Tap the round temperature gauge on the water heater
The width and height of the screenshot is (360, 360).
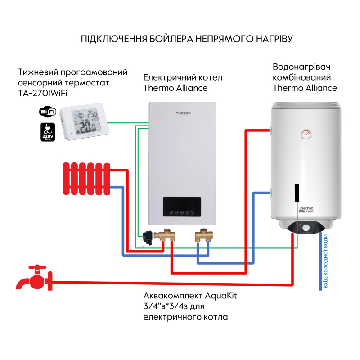point(306,134)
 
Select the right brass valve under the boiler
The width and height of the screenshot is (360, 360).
point(203,236)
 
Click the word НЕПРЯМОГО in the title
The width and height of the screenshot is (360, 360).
point(222,39)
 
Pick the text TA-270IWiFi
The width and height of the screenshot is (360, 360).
point(45,94)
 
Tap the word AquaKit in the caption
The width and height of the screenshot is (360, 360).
point(220,296)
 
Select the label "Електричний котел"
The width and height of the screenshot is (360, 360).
point(183,77)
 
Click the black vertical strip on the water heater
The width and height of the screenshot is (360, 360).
point(297,194)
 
